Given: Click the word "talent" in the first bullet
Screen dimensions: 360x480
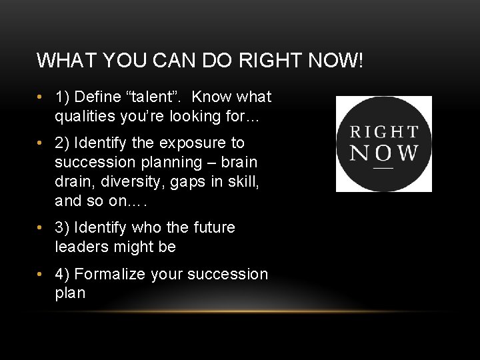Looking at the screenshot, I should click(x=154, y=97).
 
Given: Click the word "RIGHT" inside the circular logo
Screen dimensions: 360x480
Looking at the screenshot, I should click(x=384, y=132).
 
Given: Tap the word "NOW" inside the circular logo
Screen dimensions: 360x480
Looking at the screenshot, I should click(x=384, y=152).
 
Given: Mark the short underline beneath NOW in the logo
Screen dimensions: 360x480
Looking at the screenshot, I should click(x=383, y=168).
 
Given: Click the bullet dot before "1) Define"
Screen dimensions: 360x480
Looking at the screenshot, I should click(x=41, y=97).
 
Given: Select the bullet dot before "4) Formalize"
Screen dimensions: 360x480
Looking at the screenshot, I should click(x=41, y=274).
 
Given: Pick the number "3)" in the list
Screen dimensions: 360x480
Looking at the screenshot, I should click(x=63, y=227).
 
